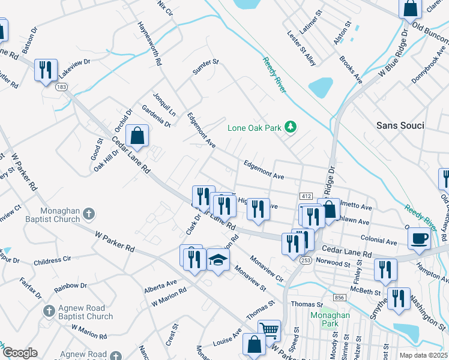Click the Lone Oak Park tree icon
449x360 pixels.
[291, 126]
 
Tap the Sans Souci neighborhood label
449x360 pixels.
[400, 125]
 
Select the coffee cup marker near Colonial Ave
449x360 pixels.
[418, 238]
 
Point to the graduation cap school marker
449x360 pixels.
[218, 260]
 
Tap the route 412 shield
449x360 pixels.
[306, 196]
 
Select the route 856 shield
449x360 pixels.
[340, 298]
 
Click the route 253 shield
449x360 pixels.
[306, 260]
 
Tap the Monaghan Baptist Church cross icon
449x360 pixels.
[88, 213]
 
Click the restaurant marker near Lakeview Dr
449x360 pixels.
[46, 70]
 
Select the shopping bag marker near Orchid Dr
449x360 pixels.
[137, 136]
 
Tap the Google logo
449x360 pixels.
[19, 353]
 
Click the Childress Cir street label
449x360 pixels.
[57, 262]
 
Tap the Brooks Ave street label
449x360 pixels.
[351, 70]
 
